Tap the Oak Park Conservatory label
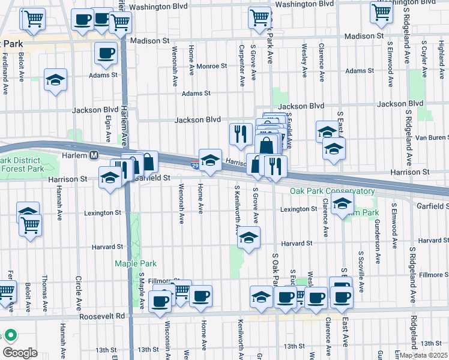coord(332,191)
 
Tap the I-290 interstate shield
coord(196,164)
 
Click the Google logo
coord(19,352)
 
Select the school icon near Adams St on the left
coord(55,80)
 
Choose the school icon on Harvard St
coord(249,237)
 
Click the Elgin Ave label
coord(108,128)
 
